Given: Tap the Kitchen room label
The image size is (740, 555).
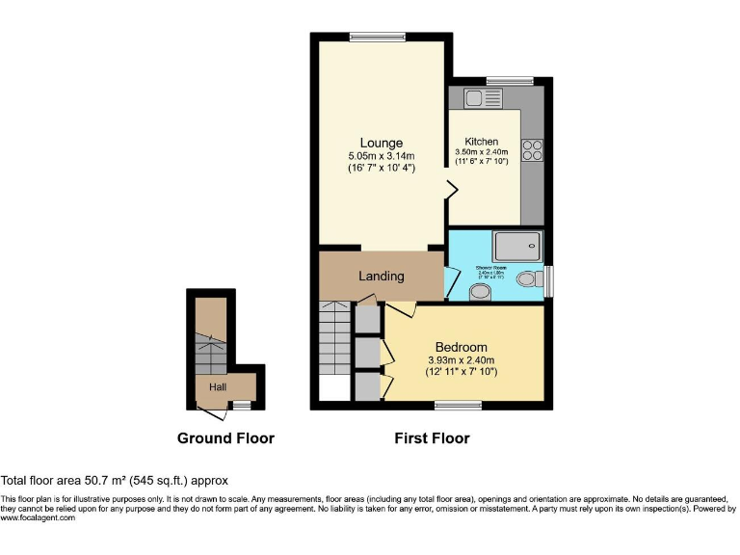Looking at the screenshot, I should pos(481,142).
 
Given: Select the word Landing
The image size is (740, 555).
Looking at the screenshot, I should pos(382,277).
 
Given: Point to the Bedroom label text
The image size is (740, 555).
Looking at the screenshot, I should pos(461,347).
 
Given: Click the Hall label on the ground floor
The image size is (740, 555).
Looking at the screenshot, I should pos(218,387).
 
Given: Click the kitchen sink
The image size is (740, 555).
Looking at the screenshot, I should pos(482,97).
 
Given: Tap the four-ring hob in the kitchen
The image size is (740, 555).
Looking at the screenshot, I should pos(532,150).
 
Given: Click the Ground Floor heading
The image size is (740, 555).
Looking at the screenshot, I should pos(225,438).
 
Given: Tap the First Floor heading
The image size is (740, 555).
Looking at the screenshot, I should pos(432,438).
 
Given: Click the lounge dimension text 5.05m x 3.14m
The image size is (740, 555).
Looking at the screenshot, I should pos(382,156).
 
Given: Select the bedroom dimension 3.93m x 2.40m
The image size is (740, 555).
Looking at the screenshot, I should pos(462,360).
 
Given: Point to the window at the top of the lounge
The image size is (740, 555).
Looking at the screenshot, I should pos(377,38).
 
